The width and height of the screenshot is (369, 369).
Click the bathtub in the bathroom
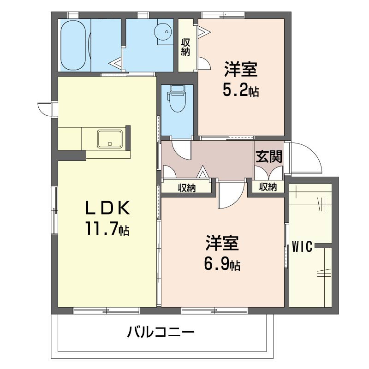tap(73, 45)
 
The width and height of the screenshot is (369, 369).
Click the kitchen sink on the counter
tap(110, 138)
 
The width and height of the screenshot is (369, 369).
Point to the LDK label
tap(107, 209)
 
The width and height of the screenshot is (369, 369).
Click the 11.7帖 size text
tap(106, 228)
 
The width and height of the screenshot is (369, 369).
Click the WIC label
tap(303, 246)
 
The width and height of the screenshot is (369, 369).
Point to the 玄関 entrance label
tap(269, 157)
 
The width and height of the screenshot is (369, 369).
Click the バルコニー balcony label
tap(161, 332)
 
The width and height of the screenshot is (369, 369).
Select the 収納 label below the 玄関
tap(268, 187)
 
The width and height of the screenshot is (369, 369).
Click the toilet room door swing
tap(181, 149)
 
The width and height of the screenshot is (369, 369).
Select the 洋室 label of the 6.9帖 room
tap(222, 243)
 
